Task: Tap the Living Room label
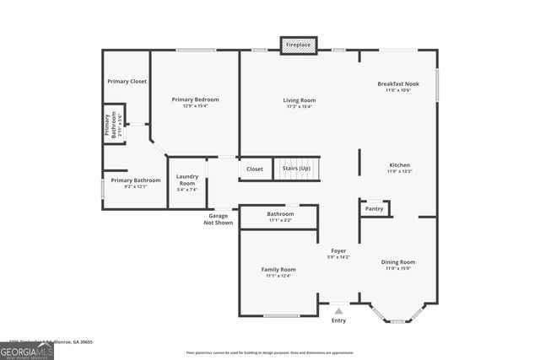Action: pos(299,100)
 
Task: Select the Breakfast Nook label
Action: pos(398,83)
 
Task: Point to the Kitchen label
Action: pos(399,164)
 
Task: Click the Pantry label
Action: pos(375,208)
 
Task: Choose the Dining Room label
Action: pos(399,262)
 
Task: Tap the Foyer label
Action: pos(338,250)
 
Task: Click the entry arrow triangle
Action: pos(338,311)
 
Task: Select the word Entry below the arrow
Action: pos(338,320)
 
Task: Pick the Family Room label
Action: pos(278,269)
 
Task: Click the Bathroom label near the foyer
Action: pos(280,214)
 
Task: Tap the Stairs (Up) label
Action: pos(296,169)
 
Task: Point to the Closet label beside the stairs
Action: pos(255,169)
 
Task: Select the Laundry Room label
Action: pos(187,180)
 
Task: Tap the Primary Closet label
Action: pos(126,81)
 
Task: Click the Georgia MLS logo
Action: pos(27,351)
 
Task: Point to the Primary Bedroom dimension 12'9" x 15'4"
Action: pos(190,106)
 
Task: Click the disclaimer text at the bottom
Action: pos(270,352)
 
